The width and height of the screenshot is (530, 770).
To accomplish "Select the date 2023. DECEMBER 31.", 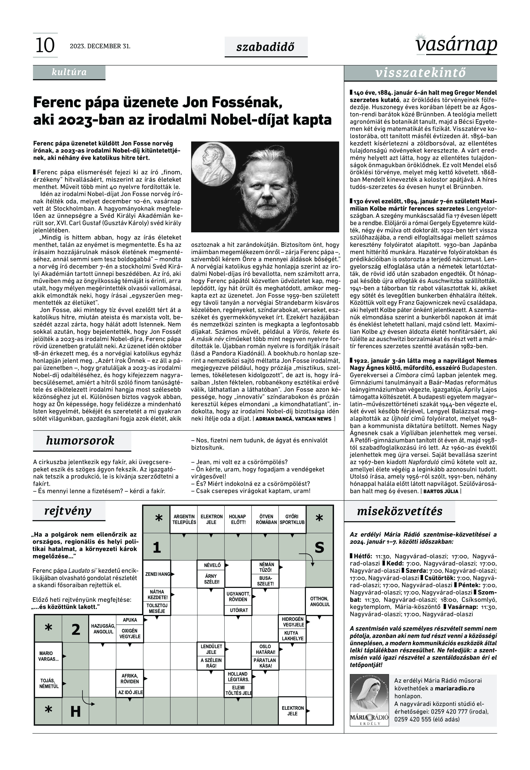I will (100, 46).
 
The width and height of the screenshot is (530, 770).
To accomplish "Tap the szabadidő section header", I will (266, 47).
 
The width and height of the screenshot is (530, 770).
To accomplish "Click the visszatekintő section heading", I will (420, 73).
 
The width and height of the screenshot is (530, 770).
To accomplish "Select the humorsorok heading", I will (80, 440).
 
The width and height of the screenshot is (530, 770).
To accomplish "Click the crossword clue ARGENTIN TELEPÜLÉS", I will (184, 519).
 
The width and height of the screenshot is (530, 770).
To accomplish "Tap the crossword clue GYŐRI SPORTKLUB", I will (292, 519).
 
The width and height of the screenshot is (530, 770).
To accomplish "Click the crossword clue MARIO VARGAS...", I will (48, 656).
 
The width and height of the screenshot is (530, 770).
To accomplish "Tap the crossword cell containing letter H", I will (76, 711).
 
